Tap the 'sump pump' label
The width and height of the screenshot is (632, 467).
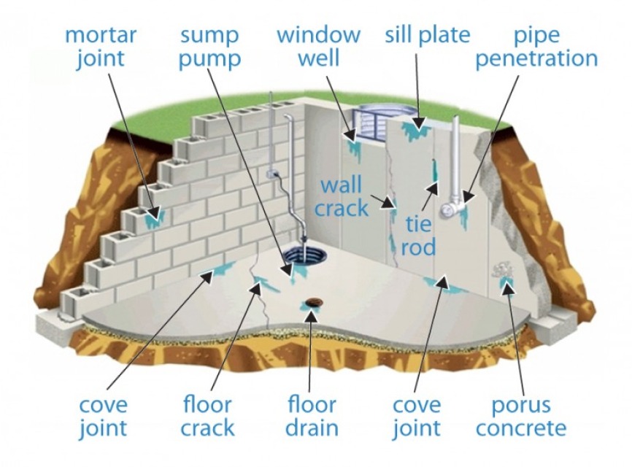[210, 46]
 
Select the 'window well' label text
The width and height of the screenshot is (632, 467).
[318, 46]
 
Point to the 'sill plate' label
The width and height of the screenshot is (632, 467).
[428, 34]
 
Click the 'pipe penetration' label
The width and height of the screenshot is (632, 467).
[536, 46]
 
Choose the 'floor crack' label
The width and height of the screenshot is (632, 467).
[208, 415]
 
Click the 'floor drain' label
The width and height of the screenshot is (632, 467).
[312, 415]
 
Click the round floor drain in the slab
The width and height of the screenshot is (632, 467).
[315, 302]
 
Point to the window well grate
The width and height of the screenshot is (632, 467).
[380, 120]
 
